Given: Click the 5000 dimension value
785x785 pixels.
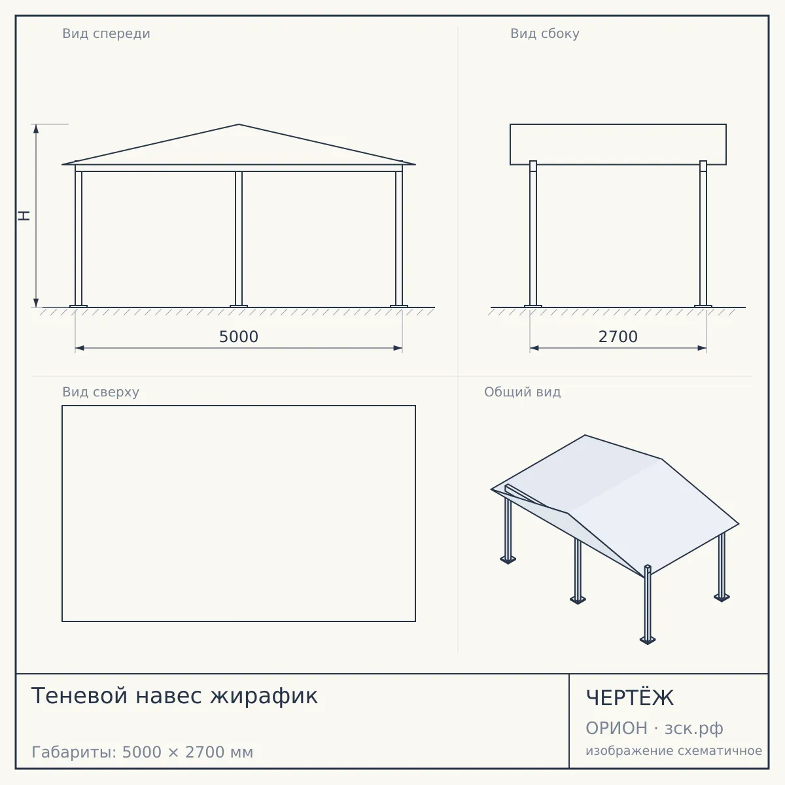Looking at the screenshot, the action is tap(239, 337).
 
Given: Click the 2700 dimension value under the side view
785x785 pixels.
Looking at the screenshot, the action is tap(618, 337).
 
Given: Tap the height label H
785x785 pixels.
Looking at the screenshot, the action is tap(24, 215).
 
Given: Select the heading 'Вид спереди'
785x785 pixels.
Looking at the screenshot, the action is tap(107, 34).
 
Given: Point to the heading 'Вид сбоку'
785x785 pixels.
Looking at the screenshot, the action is tap(545, 34).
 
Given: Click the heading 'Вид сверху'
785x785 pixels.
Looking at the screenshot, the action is tap(101, 392).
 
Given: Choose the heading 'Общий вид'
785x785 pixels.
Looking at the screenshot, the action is tap(522, 392).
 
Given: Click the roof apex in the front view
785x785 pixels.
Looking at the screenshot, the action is tap(239, 124).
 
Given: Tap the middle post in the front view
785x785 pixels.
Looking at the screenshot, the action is tap(239, 238).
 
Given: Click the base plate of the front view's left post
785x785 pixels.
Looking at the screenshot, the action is tap(78, 306).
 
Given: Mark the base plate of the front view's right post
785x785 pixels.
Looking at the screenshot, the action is tap(399, 306).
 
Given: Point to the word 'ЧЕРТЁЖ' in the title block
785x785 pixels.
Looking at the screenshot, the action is tap(630, 698).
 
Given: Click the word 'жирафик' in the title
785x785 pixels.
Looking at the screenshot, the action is tap(264, 696).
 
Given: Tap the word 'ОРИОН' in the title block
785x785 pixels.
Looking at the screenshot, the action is tap(616, 728).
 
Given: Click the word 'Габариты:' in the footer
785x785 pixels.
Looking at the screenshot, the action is tap(74, 752).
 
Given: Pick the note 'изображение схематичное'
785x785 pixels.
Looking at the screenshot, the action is tap(674, 751).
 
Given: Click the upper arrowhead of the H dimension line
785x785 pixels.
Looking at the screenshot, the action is tap(36, 129).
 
